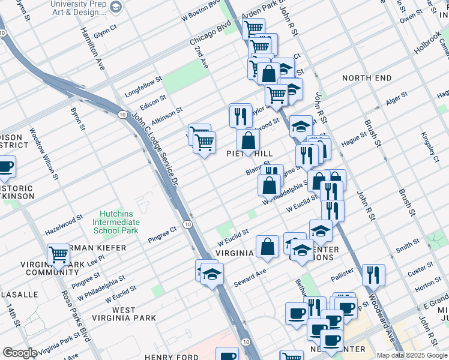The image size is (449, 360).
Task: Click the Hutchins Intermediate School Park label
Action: click(115, 222)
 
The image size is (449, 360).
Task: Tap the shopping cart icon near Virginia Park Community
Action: click(59, 255)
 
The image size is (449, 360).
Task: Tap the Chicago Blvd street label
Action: click(211, 35)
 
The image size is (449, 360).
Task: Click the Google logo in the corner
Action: click(20, 353)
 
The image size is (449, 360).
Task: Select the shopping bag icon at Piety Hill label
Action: click(248, 142)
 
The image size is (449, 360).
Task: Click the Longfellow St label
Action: click(143, 87)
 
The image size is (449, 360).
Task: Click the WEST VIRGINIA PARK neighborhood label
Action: click(123, 314)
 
